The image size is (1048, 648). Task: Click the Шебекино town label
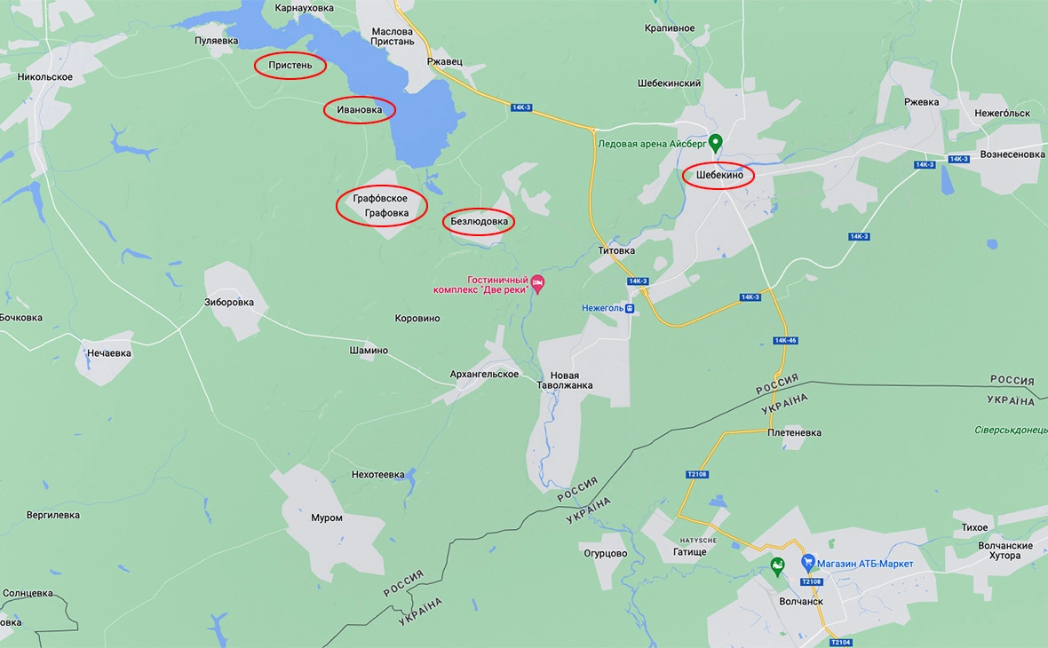click(x=719, y=176)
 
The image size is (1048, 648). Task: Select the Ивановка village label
click(x=359, y=110)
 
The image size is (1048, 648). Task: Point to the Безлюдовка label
click(x=479, y=221)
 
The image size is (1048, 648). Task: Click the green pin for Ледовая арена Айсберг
click(x=715, y=142)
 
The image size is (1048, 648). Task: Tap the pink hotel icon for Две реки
click(x=536, y=283)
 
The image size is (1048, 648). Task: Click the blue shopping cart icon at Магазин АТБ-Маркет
click(x=808, y=563)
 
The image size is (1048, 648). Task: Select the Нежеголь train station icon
click(x=629, y=308)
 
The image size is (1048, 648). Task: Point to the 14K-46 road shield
click(x=785, y=340)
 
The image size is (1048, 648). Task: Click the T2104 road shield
click(x=840, y=642)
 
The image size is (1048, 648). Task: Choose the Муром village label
click(x=326, y=518)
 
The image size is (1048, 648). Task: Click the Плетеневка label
click(x=794, y=433)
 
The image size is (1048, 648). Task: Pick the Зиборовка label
click(x=229, y=302)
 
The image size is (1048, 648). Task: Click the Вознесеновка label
click(x=1012, y=154)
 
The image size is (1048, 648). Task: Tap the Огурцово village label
click(x=605, y=553)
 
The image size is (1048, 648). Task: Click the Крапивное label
click(x=670, y=28)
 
